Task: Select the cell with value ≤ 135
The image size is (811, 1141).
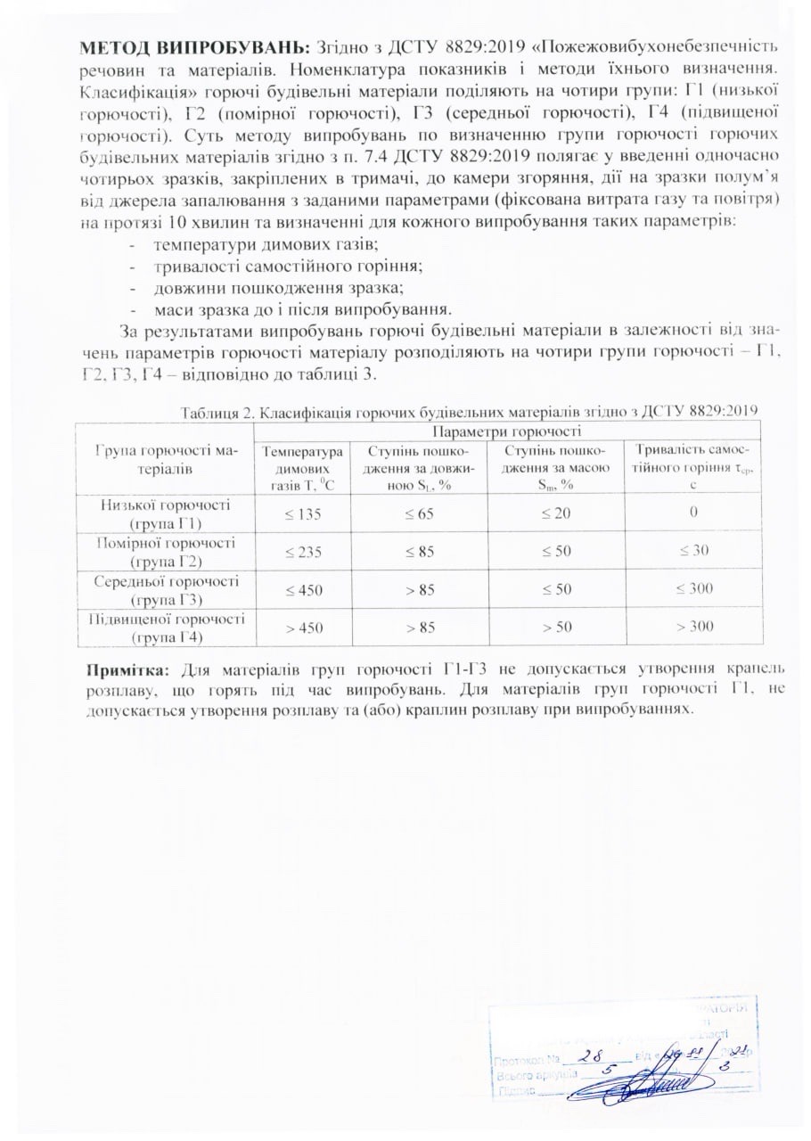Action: (303, 513)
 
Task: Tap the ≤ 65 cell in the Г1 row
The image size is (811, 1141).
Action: (419, 513)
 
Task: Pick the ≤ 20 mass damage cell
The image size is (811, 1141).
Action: (556, 513)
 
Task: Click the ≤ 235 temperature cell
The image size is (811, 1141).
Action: (303, 551)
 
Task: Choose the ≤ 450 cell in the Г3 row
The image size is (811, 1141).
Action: (303, 588)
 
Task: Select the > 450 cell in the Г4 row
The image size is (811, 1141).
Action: (303, 627)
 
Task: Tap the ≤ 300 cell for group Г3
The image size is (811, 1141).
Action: (693, 588)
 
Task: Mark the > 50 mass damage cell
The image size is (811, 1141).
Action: (556, 627)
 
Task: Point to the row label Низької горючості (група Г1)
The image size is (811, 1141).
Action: (166, 513)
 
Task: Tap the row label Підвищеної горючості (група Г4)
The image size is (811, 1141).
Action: (166, 627)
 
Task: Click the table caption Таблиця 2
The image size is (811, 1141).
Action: (469, 410)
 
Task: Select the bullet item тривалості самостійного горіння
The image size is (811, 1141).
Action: (287, 265)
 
